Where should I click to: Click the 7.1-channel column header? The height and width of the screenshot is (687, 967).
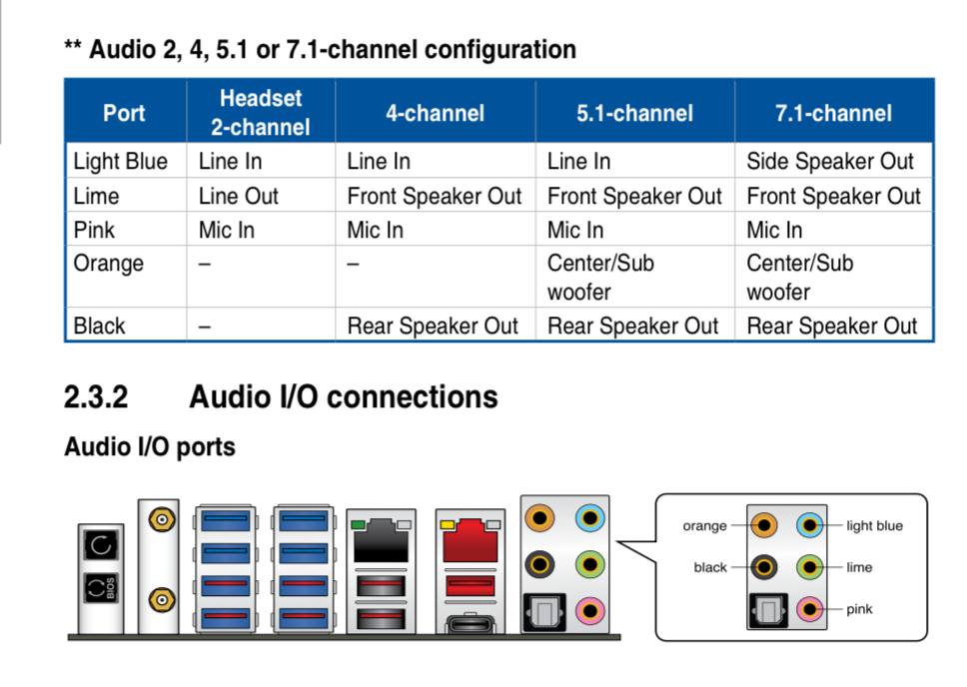[833, 113]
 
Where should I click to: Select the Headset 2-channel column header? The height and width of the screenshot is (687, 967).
[260, 113]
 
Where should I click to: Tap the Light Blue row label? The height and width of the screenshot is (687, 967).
[120, 161]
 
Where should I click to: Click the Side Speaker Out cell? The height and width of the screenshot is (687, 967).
[829, 161]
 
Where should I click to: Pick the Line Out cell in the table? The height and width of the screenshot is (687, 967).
[238, 196]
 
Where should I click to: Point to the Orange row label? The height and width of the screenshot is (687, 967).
[108, 264]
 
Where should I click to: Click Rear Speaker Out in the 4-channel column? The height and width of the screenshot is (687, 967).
[432, 326]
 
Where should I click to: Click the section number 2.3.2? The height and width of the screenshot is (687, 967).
[96, 397]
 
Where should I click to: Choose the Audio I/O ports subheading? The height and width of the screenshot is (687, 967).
[150, 446]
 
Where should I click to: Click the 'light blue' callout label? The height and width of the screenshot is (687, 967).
[874, 526]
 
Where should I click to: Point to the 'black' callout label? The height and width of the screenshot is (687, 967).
[710, 567]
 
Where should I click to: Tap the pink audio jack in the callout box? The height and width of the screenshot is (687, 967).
[810, 608]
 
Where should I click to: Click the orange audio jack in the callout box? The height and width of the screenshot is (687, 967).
[764, 525]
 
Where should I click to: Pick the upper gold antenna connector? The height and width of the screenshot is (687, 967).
[159, 519]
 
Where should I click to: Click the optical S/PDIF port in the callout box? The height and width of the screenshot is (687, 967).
[766, 608]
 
